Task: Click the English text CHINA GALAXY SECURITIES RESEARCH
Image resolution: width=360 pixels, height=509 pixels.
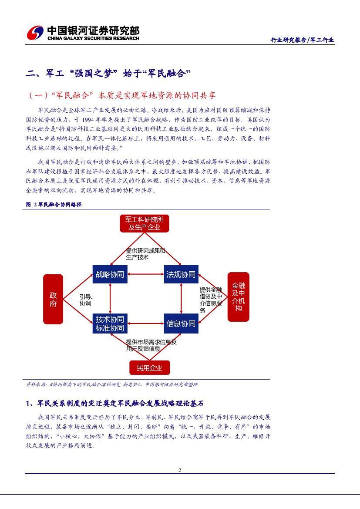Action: click(x=93, y=38)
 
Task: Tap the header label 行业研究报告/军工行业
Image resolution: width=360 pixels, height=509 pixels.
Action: click(x=303, y=40)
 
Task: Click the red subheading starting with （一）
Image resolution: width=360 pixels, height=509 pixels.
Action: click(x=121, y=95)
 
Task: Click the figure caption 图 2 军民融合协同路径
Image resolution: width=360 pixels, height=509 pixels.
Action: click(x=54, y=204)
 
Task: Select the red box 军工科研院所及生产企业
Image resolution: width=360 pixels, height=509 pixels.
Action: click(x=144, y=223)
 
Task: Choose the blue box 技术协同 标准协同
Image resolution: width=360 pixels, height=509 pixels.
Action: click(x=110, y=324)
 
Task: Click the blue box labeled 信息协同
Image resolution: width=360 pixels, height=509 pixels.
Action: click(x=181, y=324)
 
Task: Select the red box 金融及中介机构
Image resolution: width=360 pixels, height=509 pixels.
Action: click(x=239, y=297)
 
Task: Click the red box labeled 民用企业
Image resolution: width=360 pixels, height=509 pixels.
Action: click(x=149, y=368)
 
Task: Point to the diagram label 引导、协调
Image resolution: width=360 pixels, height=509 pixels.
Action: click(x=86, y=300)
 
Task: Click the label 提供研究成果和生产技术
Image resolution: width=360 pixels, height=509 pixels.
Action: click(x=145, y=254)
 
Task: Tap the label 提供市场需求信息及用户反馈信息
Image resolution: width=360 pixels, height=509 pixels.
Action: click(x=151, y=345)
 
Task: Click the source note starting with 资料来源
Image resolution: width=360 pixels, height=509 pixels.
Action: click(x=112, y=384)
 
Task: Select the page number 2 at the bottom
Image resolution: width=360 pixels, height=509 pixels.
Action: click(x=180, y=470)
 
